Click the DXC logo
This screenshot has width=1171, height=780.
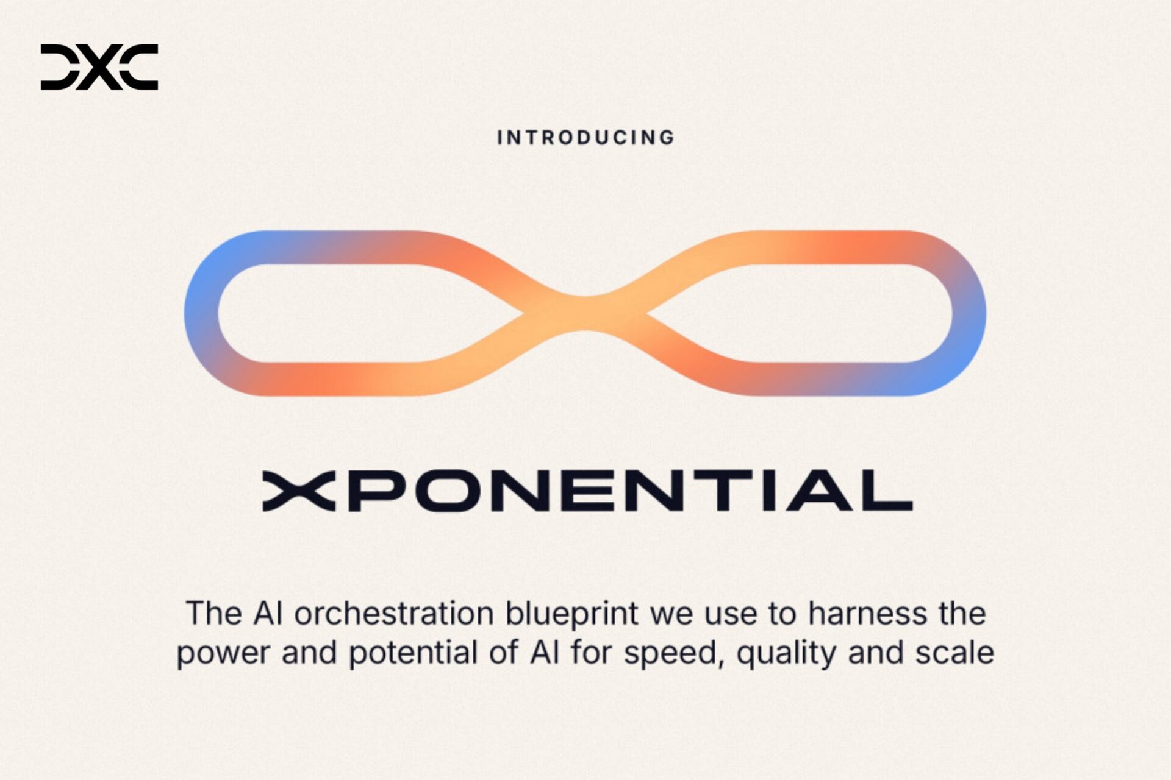tap(99, 67)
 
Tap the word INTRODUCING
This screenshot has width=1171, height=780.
tap(585, 138)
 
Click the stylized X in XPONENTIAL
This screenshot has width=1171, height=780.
tap(299, 491)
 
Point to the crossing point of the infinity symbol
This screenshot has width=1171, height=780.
tap(585, 313)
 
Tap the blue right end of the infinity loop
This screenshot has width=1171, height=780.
tap(969, 314)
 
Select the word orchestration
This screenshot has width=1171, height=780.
tap(394, 613)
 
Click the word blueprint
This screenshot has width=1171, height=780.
tap(571, 613)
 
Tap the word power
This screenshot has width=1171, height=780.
tap(223, 653)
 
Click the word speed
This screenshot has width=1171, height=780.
tap(673, 653)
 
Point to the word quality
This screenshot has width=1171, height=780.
tap(786, 653)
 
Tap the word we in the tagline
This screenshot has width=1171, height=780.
tap(671, 613)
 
